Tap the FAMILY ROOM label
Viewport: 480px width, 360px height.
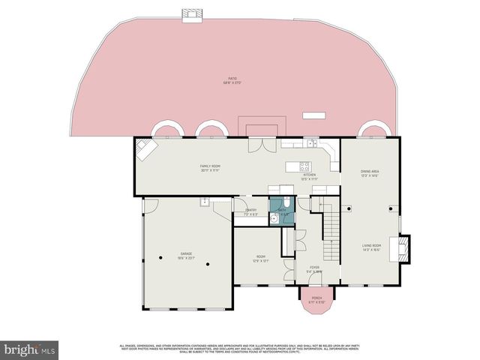(x=210, y=167)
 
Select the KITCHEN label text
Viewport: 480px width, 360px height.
(x=309, y=176)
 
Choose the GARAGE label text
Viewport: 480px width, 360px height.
(x=185, y=256)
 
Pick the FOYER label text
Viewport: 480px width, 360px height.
(x=315, y=269)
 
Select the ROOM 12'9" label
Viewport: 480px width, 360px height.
(x=260, y=259)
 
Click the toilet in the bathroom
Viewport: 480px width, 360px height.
(x=288, y=204)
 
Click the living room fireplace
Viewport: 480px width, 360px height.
(x=404, y=248)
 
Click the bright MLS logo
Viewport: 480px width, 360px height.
(x=30, y=349)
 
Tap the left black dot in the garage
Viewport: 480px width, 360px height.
(x=161, y=258)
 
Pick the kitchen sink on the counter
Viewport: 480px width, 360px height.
(x=310, y=142)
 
